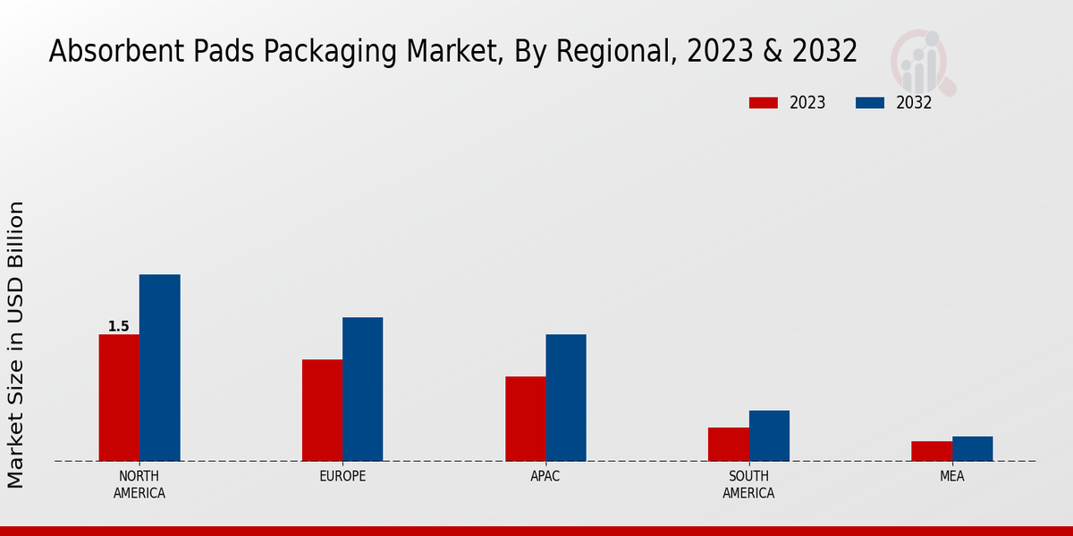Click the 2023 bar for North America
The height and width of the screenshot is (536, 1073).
[119, 398]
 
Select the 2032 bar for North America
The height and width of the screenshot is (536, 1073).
[159, 367]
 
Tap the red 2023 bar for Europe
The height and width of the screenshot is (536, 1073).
[322, 410]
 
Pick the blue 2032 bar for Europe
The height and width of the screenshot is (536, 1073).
[362, 389]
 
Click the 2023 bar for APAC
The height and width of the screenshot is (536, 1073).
[525, 418]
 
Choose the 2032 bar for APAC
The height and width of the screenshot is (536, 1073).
[566, 398]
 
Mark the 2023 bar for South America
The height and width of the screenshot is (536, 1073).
[729, 444]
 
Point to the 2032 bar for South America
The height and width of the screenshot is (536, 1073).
[769, 435]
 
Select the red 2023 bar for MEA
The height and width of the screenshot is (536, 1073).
[932, 451]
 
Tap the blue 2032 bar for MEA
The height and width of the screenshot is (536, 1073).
[972, 448]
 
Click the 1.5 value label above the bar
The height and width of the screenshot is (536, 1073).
[119, 327]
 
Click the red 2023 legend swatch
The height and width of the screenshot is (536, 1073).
[764, 103]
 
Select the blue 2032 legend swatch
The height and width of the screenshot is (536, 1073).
[870, 103]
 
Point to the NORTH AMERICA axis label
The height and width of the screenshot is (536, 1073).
[139, 484]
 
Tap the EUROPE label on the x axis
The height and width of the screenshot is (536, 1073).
[342, 476]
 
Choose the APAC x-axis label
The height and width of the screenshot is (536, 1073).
[545, 476]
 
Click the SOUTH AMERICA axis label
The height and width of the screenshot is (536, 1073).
[748, 484]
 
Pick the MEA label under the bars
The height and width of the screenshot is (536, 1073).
[952, 476]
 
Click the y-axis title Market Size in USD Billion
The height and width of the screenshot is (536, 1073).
[16, 345]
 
